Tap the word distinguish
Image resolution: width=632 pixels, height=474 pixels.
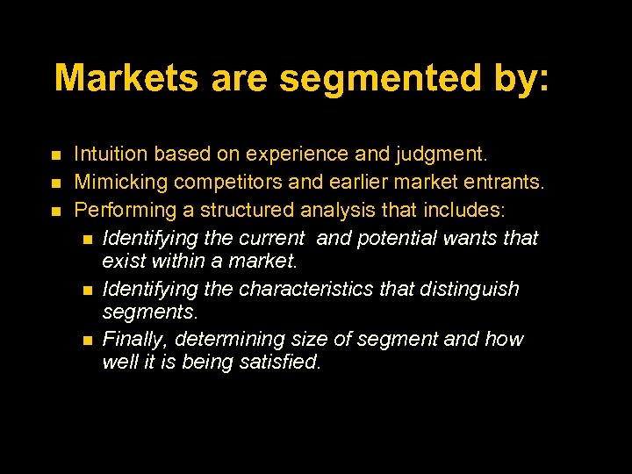(x=469, y=290)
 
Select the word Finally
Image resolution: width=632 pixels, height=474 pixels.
(x=134, y=340)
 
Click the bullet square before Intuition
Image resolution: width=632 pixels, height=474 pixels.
(x=55, y=155)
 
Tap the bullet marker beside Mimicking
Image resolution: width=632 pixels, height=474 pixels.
(x=55, y=183)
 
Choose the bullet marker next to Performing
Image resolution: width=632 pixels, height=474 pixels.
(x=55, y=212)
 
